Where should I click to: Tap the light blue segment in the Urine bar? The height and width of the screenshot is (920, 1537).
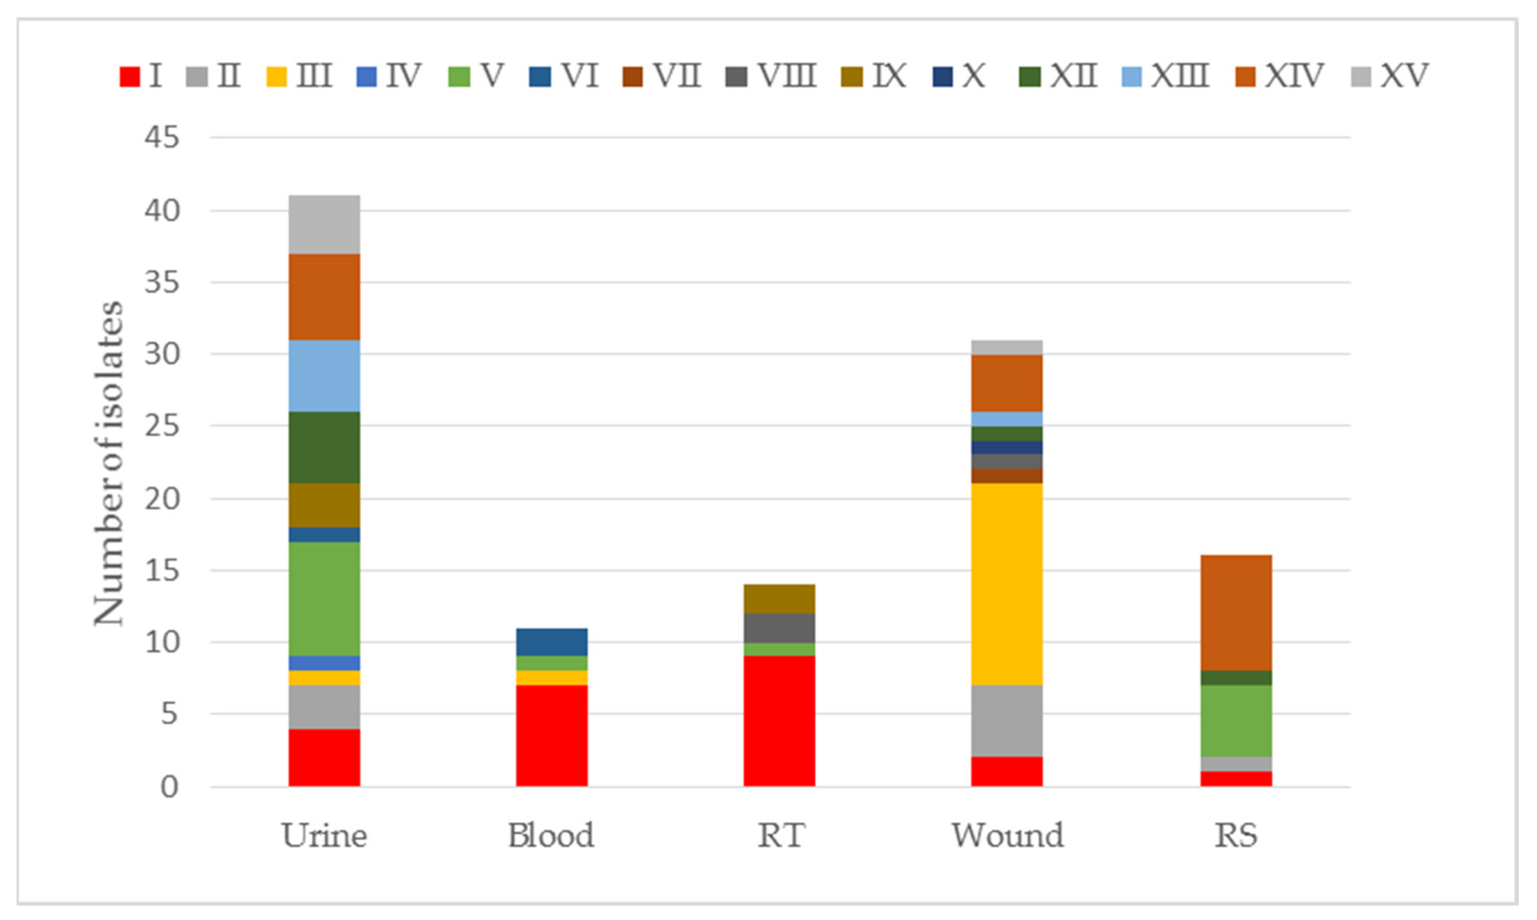click(x=324, y=376)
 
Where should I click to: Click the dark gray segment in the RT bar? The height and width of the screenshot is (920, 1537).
click(x=779, y=628)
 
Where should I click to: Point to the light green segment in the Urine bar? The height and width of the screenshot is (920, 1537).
click(x=324, y=599)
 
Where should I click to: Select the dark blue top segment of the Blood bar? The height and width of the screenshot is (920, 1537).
click(x=552, y=641)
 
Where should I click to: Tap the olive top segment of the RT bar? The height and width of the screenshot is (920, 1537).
click(x=779, y=599)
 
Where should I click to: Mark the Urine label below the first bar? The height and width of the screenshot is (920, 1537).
click(x=324, y=835)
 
